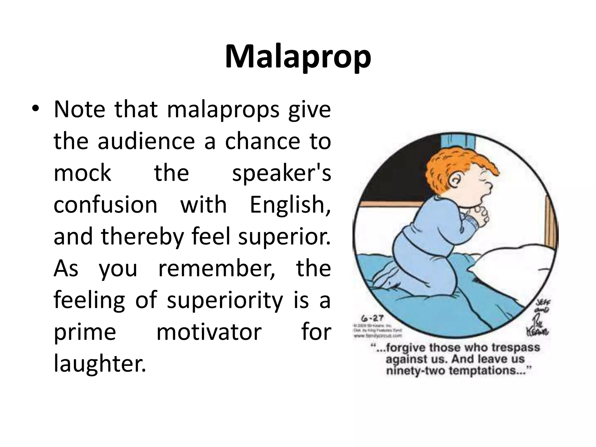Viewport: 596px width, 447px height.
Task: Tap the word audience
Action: pos(146,142)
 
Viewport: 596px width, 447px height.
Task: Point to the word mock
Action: pos(82,173)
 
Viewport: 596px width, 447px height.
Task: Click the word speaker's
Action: pos(281,174)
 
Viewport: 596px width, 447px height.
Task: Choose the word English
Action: pos(290,205)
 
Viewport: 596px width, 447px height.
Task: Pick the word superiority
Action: pos(225,300)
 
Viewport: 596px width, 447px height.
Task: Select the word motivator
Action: pos(209,332)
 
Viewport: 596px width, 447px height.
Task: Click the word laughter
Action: pos(100,364)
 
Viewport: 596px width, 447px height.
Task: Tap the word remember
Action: pos(217,268)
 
